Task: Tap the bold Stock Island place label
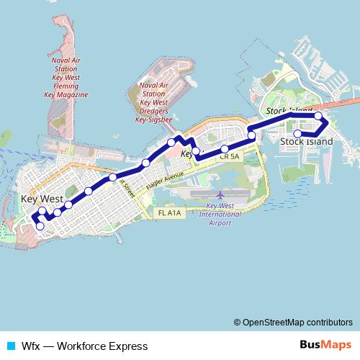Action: click(x=306, y=142)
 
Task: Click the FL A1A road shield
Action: click(x=166, y=213)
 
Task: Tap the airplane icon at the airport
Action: click(x=220, y=194)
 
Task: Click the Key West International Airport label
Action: click(x=220, y=214)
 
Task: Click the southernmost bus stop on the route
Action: click(x=40, y=226)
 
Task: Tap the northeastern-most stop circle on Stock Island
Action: click(x=318, y=116)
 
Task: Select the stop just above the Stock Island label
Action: click(x=297, y=133)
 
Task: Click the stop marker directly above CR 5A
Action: click(x=225, y=149)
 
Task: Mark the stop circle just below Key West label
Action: click(x=42, y=211)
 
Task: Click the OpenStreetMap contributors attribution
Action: click(x=293, y=322)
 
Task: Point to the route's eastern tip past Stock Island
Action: click(x=328, y=123)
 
